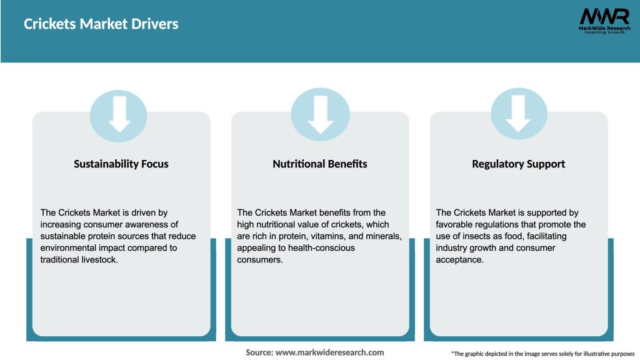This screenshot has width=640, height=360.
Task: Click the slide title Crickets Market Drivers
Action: [101, 24]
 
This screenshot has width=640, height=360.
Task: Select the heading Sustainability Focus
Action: [121, 164]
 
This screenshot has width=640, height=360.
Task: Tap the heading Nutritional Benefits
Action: [320, 164]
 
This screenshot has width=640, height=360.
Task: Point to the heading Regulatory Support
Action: [518, 164]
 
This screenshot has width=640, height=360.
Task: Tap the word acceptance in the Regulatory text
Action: [459, 259]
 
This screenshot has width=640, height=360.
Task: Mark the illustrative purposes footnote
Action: [542, 354]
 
